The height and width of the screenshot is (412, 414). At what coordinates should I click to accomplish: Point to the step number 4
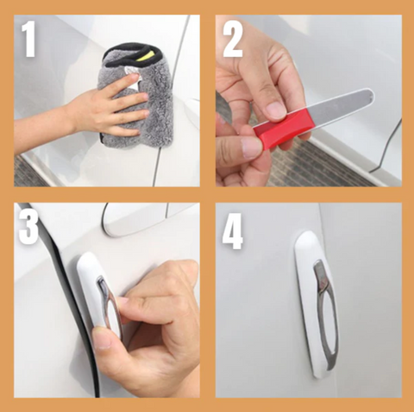233,230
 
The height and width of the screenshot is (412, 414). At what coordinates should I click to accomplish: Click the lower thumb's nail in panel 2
251,147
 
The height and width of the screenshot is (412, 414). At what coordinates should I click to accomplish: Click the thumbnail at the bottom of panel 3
103,339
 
